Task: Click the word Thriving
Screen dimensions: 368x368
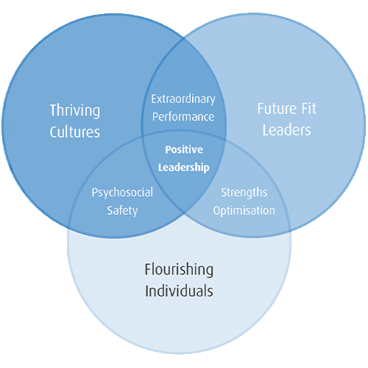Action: click(75, 111)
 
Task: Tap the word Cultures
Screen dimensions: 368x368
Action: click(75, 132)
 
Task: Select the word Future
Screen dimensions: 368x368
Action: click(277, 108)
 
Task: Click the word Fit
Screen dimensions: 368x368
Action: click(309, 108)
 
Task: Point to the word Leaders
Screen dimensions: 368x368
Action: click(287, 130)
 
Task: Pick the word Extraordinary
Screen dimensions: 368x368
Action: click(183, 99)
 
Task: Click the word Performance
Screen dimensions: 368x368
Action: click(183, 117)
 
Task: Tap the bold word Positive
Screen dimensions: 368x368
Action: click(184, 149)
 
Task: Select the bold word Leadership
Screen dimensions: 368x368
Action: click(184, 168)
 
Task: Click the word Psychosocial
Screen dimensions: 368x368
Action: click(122, 193)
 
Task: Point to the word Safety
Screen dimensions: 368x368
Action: click(122, 210)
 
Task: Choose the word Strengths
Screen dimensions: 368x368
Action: click(244, 193)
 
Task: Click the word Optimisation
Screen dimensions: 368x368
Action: click(244, 210)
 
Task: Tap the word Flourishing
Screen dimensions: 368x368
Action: click(179, 270)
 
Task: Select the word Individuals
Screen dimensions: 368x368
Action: click(179, 291)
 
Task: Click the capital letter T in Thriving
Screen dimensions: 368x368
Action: click(54, 110)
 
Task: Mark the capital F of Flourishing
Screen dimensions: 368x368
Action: click(148, 269)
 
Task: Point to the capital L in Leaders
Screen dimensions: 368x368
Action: click(266, 130)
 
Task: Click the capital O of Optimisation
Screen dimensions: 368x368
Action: click(217, 210)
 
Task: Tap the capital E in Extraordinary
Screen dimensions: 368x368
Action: click(155, 99)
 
